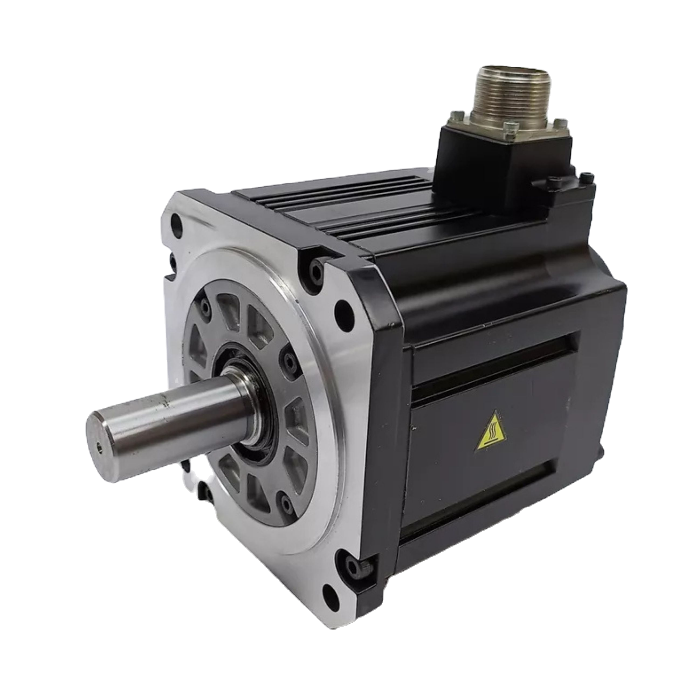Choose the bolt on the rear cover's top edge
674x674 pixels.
tap(552, 181)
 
